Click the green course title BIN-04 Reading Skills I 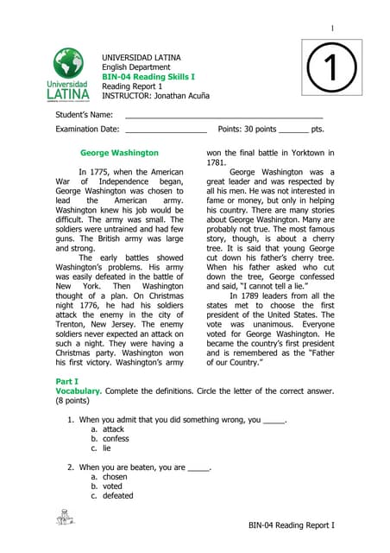click(148, 77)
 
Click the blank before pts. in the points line click(293, 129)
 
